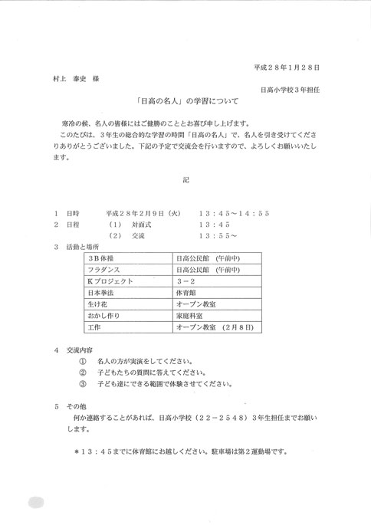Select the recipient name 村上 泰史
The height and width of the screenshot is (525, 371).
[70, 78]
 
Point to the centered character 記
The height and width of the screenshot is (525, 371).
[185, 178]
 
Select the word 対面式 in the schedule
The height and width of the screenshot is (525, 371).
[136, 225]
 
